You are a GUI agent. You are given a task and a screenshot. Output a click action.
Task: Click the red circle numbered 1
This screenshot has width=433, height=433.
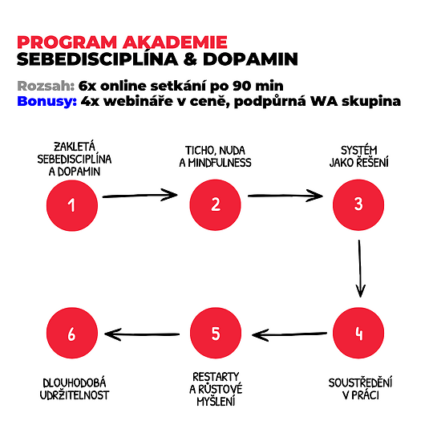[72, 205]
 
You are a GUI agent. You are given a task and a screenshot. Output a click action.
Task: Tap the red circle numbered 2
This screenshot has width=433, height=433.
[216, 205]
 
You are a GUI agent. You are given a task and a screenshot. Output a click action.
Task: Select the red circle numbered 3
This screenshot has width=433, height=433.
[358, 205]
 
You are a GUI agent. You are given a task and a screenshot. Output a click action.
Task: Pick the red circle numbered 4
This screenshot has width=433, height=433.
[358, 333]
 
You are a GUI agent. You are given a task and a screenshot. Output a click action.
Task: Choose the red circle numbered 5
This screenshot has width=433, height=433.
[216, 333]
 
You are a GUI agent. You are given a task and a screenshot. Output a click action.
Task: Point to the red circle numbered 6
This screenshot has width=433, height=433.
[72, 333]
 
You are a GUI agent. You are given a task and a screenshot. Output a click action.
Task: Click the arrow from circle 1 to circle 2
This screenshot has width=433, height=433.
[140, 196]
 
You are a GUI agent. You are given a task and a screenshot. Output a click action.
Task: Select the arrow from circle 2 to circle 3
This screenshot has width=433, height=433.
[285, 196]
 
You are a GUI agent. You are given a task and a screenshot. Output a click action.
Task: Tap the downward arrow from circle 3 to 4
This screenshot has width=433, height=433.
[360, 269]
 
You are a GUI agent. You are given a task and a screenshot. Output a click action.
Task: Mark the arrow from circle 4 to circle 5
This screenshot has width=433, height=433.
[289, 334]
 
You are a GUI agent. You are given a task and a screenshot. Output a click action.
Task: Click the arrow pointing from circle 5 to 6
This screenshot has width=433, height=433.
[142, 334]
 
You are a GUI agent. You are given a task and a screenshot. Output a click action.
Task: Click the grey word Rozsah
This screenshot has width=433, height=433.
[46, 86]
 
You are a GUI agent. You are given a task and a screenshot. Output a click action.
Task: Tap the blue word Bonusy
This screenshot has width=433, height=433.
[47, 101]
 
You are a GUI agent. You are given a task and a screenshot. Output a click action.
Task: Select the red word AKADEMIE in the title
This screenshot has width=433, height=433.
[175, 42]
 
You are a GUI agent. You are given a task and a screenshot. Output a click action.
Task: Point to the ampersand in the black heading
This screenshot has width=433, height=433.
[190, 59]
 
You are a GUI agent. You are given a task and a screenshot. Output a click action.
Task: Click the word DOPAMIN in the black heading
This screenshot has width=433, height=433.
[250, 59]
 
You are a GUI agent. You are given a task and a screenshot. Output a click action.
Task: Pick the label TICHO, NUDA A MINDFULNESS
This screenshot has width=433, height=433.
[215, 156]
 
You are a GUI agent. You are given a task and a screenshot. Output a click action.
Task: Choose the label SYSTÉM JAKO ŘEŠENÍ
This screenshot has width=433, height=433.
[358, 156]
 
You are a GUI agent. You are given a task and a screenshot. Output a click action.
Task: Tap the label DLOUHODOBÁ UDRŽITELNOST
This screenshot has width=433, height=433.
[75, 389]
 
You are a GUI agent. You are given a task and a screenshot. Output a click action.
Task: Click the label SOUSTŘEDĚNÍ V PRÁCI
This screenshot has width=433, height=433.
[360, 389]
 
